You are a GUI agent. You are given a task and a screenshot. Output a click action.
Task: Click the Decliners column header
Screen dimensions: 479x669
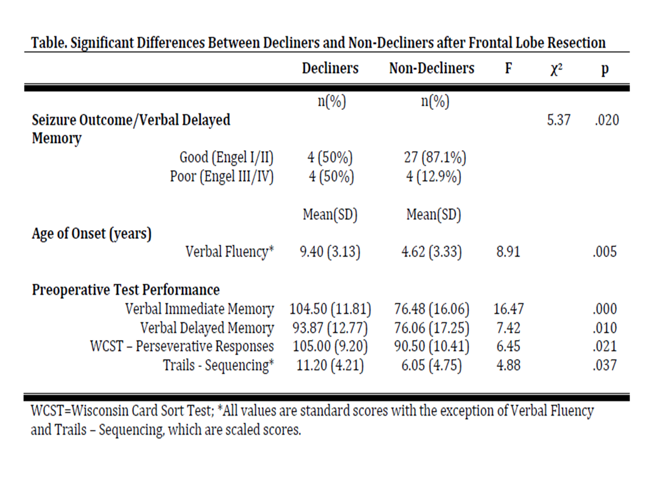coord(330,68)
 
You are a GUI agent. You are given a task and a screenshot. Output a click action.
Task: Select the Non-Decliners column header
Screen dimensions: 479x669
coord(432,68)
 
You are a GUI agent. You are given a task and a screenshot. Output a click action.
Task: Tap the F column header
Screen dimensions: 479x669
coord(508,68)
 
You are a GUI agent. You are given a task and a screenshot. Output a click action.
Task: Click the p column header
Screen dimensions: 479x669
coord(605,69)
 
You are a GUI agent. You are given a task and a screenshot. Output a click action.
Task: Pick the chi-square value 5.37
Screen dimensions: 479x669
coord(559,120)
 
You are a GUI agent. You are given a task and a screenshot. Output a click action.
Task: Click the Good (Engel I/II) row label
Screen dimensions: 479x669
coord(227,158)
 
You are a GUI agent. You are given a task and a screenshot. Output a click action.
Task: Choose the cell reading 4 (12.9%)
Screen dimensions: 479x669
coord(434,176)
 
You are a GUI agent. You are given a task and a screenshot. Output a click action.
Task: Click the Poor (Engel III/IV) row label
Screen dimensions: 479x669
coord(222,176)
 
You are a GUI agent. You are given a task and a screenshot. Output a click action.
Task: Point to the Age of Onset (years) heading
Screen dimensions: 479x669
coord(91,234)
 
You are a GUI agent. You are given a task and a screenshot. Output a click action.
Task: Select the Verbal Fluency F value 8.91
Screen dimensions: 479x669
coord(508,252)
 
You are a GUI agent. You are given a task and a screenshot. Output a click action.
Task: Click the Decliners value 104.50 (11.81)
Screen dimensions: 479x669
coord(330,309)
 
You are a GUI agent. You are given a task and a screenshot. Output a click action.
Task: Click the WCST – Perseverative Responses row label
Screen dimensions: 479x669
coord(182,346)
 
